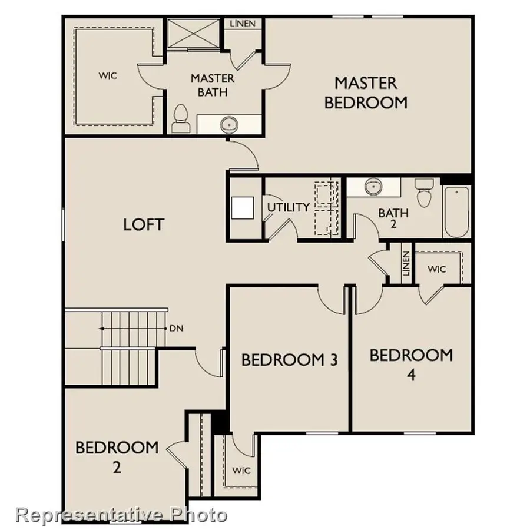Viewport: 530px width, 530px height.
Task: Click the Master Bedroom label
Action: tap(366, 92)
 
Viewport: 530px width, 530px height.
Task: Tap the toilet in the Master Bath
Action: tap(180, 118)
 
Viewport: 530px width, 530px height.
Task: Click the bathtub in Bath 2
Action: tap(457, 211)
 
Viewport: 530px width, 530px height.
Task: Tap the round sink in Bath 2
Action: tap(372, 187)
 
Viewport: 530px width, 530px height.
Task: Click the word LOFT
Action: tap(144, 224)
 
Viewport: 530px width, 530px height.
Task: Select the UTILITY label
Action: tap(289, 207)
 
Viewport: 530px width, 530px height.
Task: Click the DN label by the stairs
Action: tap(176, 328)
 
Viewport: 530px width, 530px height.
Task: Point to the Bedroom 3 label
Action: tap(289, 359)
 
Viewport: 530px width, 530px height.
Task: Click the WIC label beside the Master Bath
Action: tap(107, 75)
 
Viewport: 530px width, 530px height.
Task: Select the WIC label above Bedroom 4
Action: tap(437, 269)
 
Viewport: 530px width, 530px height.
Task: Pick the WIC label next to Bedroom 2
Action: tap(241, 471)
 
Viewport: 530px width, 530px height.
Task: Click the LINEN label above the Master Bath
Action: tap(243, 24)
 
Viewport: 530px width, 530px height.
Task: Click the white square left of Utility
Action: tap(242, 208)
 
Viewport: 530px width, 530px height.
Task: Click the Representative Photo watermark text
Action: tap(121, 515)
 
